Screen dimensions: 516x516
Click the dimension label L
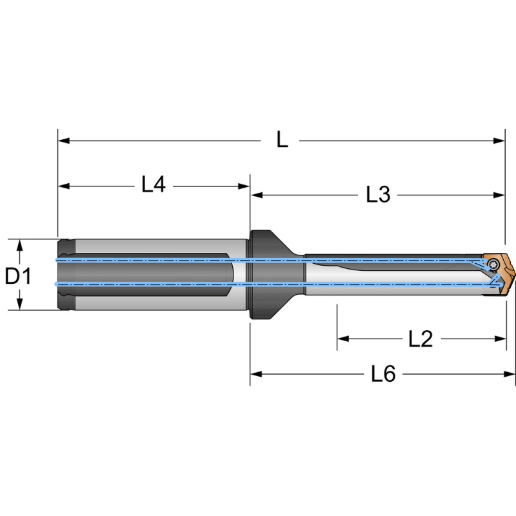[282, 140]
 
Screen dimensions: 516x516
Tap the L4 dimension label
[154, 186]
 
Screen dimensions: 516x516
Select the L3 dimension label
[378, 194]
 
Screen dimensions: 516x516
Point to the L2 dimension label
[421, 338]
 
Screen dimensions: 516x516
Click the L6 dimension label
[383, 373]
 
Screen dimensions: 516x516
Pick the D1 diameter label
[19, 277]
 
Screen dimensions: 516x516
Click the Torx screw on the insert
[494, 263]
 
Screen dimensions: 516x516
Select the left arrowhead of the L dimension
[63, 140]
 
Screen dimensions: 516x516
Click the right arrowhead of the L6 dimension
[511, 373]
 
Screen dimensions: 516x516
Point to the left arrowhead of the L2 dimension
[342, 338]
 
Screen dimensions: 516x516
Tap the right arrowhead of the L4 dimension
[244, 186]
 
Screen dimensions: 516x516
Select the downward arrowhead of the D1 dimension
[19, 304]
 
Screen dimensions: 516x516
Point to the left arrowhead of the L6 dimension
[256, 373]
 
